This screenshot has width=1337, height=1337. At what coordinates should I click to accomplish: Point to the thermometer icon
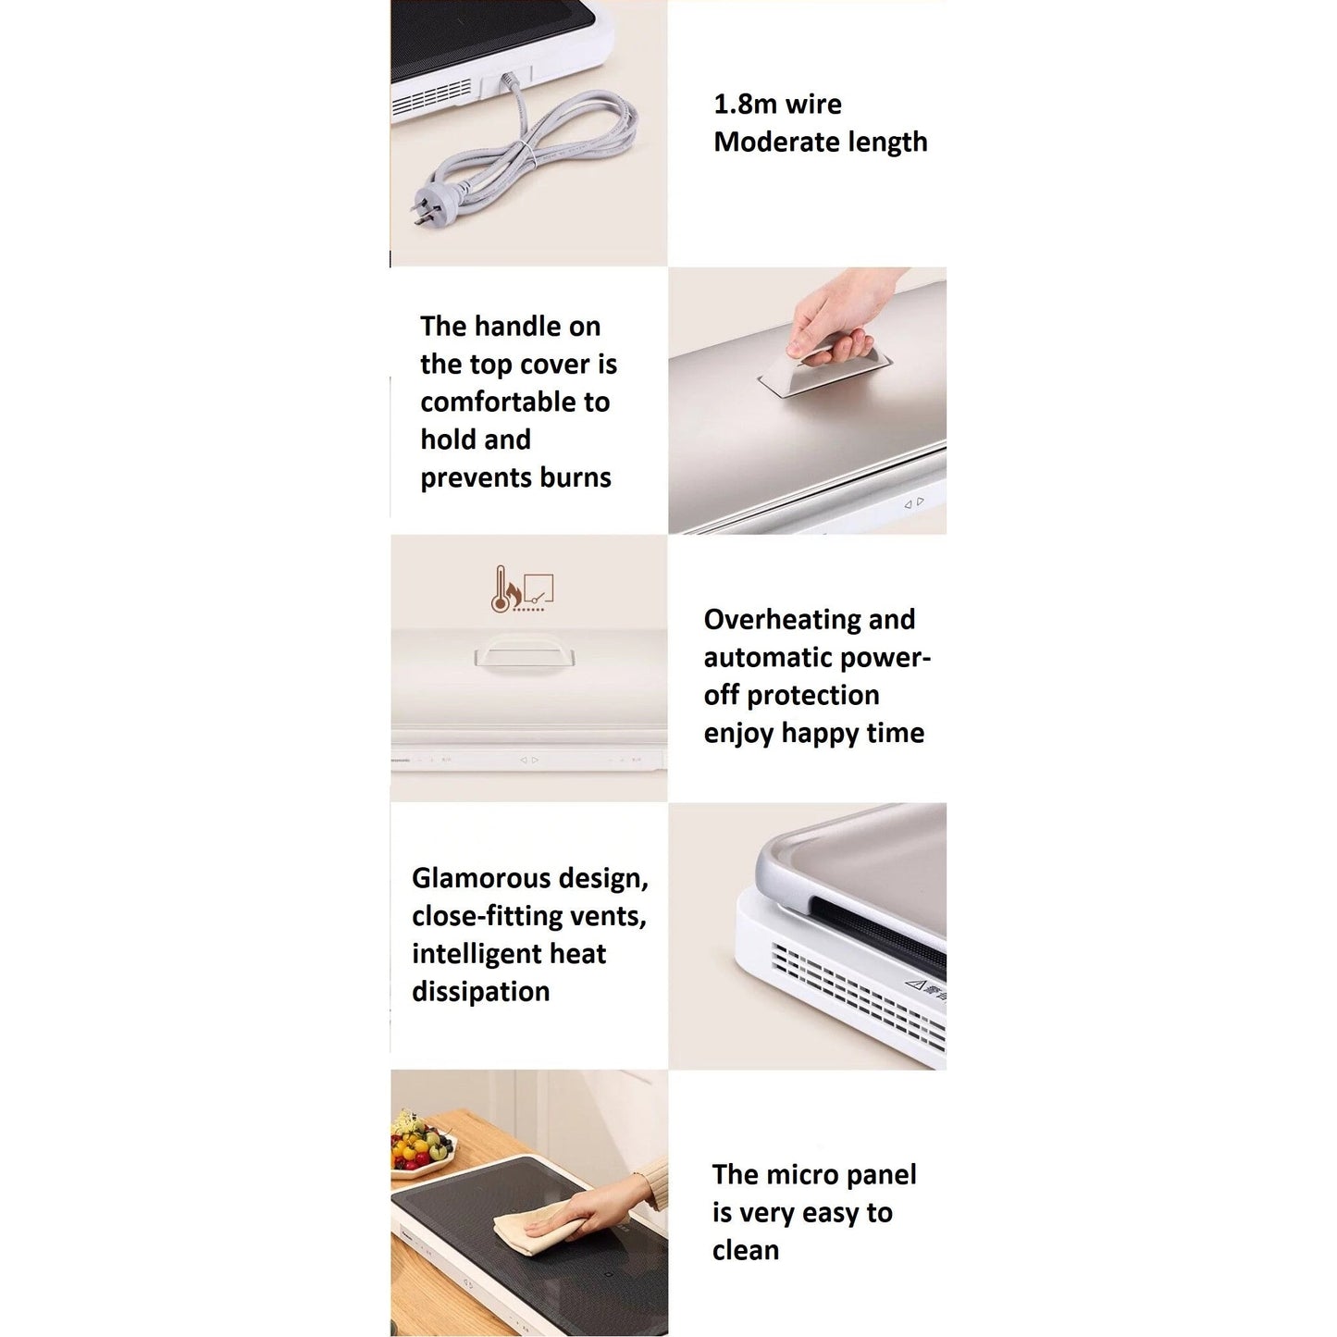(x=499, y=589)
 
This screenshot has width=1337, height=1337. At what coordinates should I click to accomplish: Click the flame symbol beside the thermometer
(x=514, y=593)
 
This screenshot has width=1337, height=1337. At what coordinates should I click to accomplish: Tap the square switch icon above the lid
(x=539, y=588)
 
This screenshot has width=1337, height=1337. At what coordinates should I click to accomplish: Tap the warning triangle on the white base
(x=917, y=984)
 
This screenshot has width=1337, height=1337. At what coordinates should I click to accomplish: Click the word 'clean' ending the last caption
(x=746, y=1250)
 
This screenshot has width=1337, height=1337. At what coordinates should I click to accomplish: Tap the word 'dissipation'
(x=481, y=991)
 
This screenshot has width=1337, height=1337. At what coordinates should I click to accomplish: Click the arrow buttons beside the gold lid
(x=914, y=502)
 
